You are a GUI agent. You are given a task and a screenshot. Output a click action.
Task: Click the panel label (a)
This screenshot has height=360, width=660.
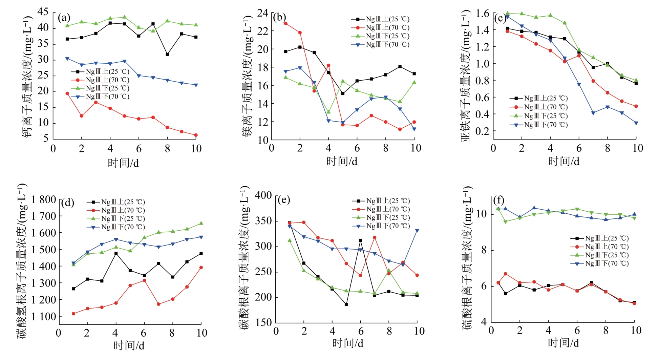(x=64, y=18)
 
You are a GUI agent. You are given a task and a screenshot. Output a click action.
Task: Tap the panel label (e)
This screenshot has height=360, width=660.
(x=283, y=200)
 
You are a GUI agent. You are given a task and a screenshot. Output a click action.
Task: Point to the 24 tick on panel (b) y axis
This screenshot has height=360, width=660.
(x=262, y=13)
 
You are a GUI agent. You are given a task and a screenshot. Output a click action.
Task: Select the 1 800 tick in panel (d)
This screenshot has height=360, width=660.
(x=44, y=199)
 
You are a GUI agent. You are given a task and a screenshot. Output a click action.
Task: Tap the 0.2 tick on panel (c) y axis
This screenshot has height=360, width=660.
(x=482, y=131)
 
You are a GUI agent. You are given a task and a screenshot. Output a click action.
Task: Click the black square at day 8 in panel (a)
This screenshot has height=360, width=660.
(x=167, y=54)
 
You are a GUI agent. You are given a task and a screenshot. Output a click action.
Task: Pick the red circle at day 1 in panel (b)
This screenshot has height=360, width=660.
(x=286, y=23)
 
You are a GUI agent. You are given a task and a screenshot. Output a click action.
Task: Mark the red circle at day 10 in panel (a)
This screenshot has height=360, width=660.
(x=196, y=135)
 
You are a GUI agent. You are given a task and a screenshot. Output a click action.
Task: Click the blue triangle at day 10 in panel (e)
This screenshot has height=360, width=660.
(x=417, y=231)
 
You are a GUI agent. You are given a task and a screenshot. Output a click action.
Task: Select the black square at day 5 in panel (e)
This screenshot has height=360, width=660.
(x=346, y=304)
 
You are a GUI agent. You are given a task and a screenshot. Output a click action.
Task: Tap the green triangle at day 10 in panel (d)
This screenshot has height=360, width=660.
(x=201, y=223)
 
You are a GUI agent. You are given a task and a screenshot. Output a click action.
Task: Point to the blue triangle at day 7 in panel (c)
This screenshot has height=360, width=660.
(x=593, y=113)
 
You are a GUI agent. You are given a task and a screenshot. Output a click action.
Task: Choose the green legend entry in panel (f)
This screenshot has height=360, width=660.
(x=599, y=255)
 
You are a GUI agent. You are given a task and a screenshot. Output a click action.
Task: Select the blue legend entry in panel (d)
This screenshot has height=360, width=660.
(x=115, y=227)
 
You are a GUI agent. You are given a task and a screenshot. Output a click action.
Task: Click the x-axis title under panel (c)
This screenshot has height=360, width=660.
(x=563, y=161)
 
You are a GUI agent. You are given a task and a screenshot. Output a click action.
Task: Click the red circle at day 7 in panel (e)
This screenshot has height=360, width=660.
(x=375, y=237)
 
